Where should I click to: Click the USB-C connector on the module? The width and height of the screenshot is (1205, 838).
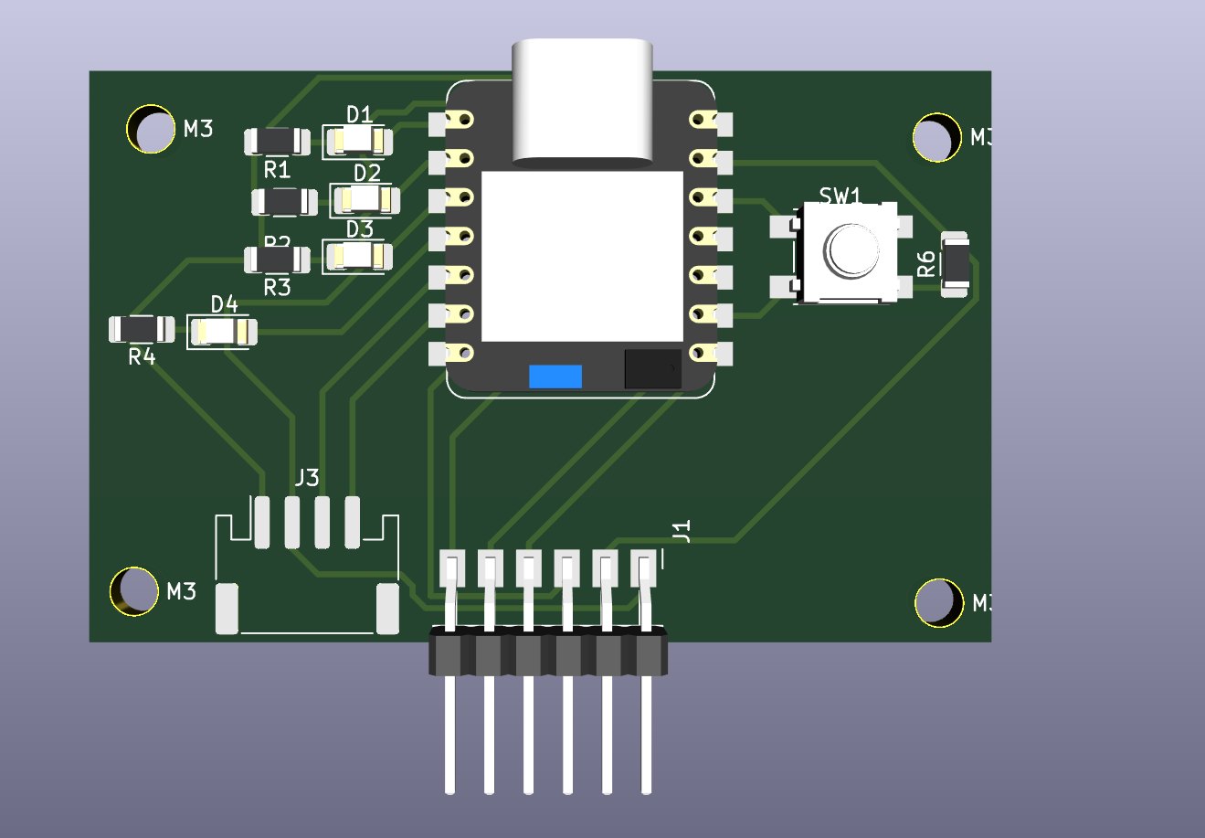pyautogui.click(x=583, y=101)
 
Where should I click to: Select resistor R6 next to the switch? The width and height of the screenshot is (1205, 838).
pyautogui.click(x=955, y=264)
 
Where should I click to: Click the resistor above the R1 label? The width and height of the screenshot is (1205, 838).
pyautogui.click(x=276, y=141)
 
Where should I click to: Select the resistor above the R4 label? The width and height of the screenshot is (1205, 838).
pyautogui.click(x=141, y=329)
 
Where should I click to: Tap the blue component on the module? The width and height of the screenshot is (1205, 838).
pyautogui.click(x=555, y=376)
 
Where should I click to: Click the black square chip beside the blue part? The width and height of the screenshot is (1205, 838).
pyautogui.click(x=652, y=368)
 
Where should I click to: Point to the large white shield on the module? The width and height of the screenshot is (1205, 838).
pyautogui.click(x=582, y=256)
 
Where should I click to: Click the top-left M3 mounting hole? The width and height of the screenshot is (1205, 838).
pyautogui.click(x=151, y=130)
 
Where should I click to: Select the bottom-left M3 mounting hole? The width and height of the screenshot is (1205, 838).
pyautogui.click(x=134, y=591)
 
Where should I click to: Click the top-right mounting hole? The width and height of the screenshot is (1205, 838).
pyautogui.click(x=937, y=138)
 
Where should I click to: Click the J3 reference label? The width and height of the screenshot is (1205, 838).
pyautogui.click(x=307, y=477)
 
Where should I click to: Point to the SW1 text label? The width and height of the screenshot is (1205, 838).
pyautogui.click(x=840, y=196)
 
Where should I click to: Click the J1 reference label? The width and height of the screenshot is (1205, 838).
pyautogui.click(x=682, y=531)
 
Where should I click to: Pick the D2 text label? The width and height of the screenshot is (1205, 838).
pyautogui.click(x=367, y=173)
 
